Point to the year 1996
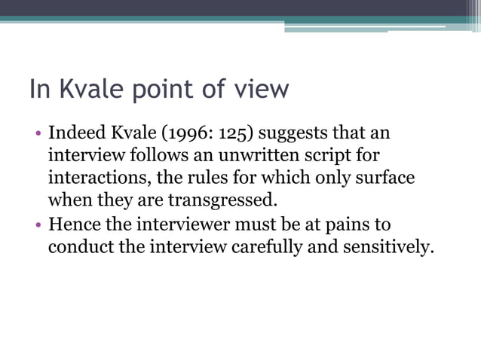coord(181,135)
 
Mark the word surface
coord(384,179)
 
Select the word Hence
coord(72,224)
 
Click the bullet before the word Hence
coord(38,224)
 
